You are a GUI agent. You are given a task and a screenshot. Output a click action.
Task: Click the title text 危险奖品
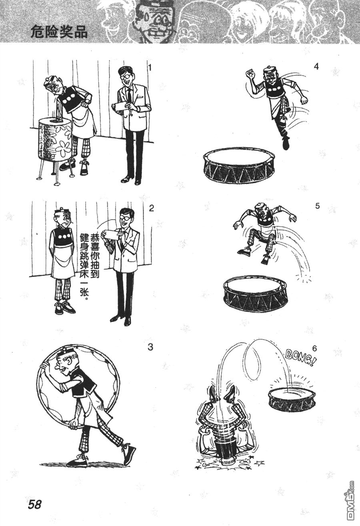tap(59, 32)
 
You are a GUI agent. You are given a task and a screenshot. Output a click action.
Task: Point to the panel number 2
tap(151, 208)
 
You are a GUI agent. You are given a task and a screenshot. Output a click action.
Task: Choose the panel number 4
tap(316, 67)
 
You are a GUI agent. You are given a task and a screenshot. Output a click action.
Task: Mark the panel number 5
tap(318, 206)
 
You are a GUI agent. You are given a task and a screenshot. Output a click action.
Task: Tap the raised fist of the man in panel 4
tap(250, 74)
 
